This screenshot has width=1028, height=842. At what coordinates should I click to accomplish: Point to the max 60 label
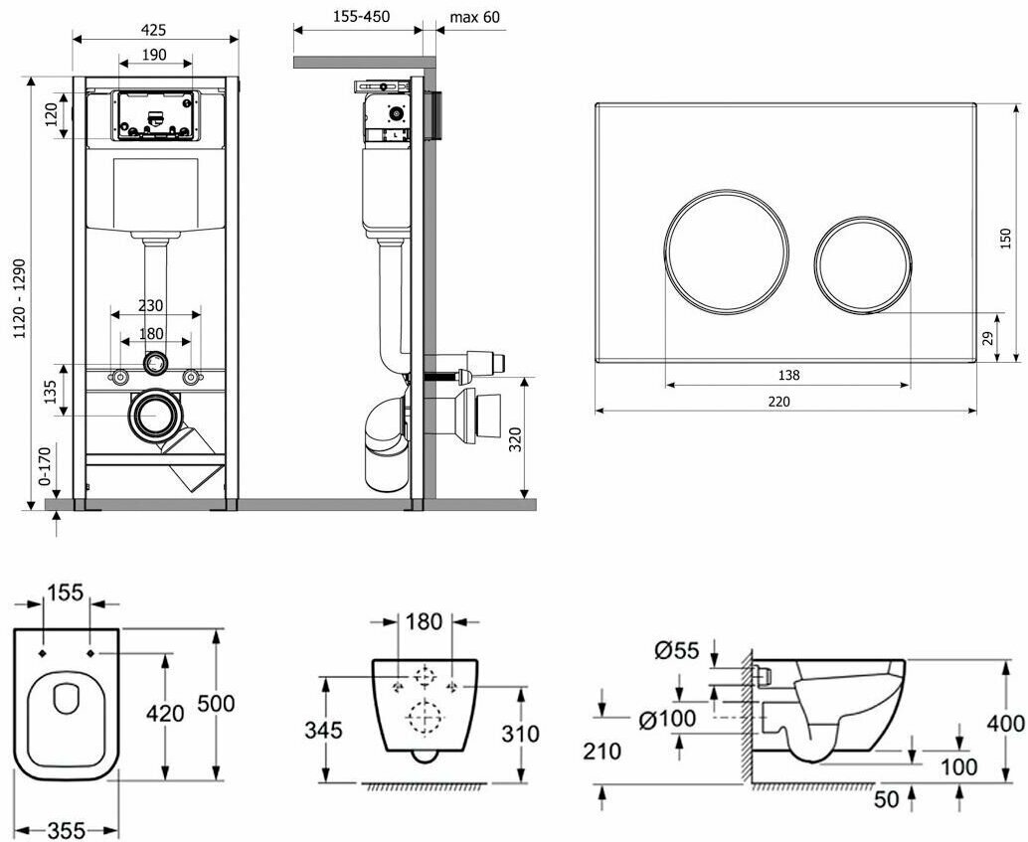474,17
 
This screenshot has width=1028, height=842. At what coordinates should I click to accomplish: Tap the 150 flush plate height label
1005,238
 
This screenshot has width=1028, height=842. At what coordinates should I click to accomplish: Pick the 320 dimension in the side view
514,438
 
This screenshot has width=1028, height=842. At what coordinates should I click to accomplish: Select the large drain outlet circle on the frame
155,418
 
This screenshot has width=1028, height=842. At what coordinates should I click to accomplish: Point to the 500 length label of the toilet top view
216,704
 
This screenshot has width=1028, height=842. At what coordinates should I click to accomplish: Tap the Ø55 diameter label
676,651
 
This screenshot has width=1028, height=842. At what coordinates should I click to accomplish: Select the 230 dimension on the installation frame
151,306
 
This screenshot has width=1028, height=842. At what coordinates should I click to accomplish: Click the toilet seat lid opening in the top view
66,699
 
